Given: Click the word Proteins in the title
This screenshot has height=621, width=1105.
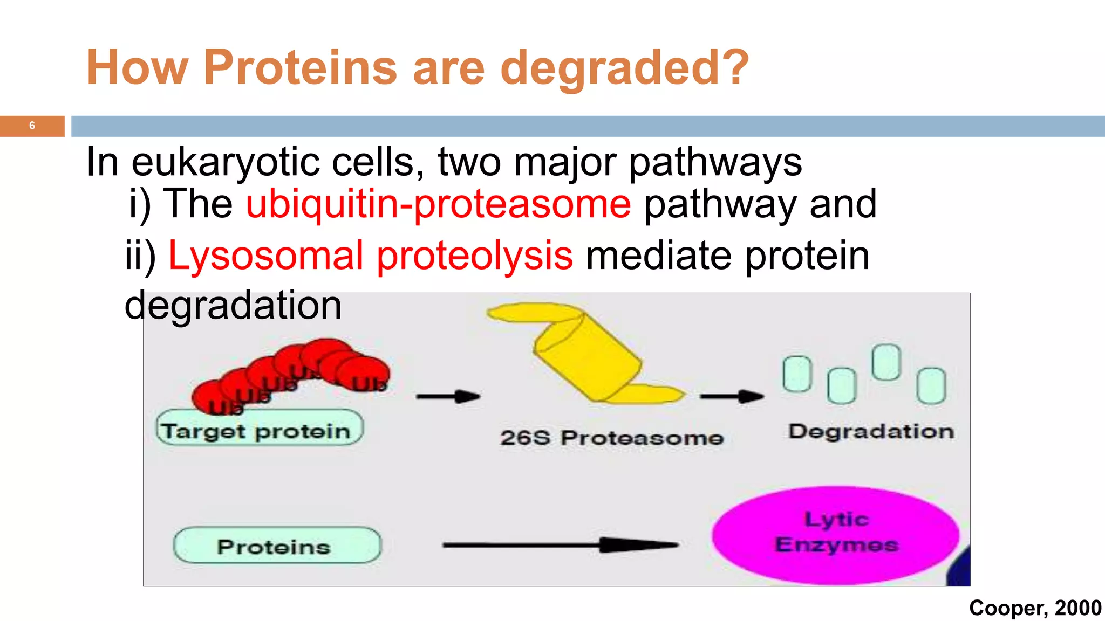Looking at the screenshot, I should pyautogui.click(x=300, y=68).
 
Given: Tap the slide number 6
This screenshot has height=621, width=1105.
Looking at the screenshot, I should pyautogui.click(x=32, y=126).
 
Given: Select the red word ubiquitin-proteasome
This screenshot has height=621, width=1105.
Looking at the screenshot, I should pyautogui.click(x=438, y=204).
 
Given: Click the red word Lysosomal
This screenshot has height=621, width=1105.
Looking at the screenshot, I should pyautogui.click(x=265, y=256).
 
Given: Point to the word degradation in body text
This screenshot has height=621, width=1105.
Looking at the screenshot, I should pyautogui.click(x=233, y=306).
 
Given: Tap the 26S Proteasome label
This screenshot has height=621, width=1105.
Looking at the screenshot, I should pyautogui.click(x=611, y=438).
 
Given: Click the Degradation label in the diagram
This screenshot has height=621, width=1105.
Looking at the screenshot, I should pyautogui.click(x=871, y=431).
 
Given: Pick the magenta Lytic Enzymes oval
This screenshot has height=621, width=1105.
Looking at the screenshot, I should pyautogui.click(x=835, y=534).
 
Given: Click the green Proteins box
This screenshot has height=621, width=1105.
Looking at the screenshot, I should pyautogui.click(x=276, y=546).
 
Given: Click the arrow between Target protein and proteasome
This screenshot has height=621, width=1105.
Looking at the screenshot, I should pyautogui.click(x=448, y=397).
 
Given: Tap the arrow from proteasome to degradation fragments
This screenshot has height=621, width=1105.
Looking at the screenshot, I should pyautogui.click(x=732, y=397).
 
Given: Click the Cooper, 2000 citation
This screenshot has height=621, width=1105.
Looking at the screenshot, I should pyautogui.click(x=1035, y=608).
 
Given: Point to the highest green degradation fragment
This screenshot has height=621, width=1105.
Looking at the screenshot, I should pyautogui.click(x=886, y=362).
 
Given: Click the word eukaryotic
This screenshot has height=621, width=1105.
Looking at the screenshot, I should pyautogui.click(x=226, y=162).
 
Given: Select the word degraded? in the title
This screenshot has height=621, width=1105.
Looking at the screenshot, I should pyautogui.click(x=624, y=68).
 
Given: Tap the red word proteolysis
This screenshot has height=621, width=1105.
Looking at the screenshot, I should pyautogui.click(x=475, y=256).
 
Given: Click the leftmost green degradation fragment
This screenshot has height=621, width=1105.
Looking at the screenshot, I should pyautogui.click(x=797, y=373).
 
